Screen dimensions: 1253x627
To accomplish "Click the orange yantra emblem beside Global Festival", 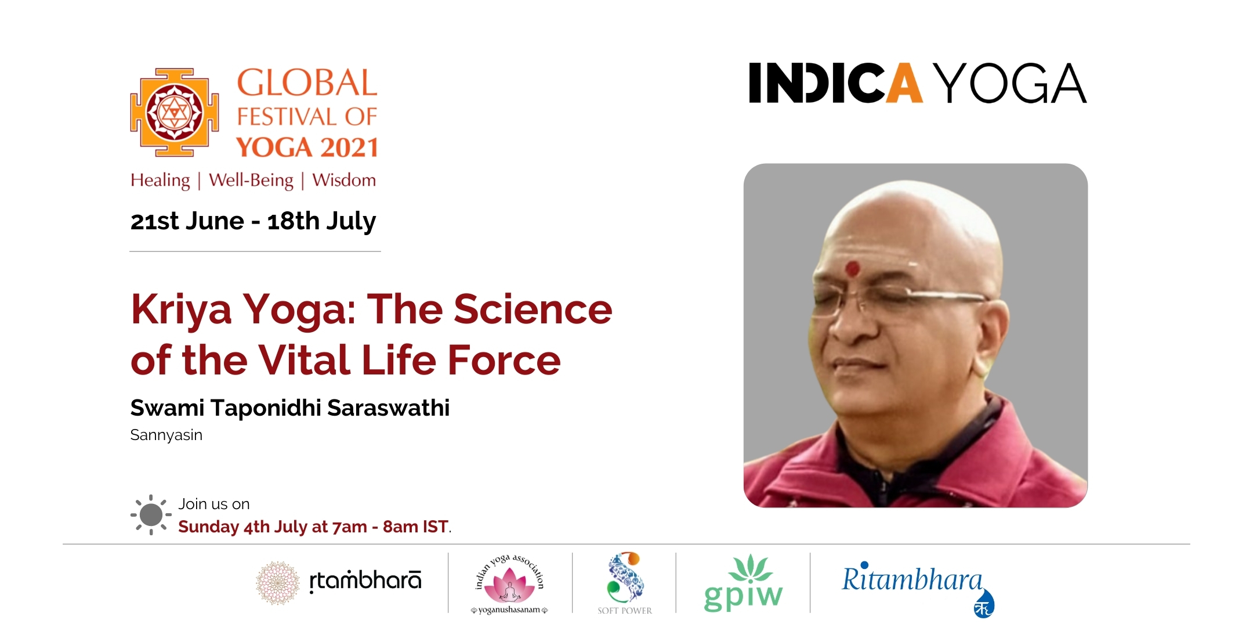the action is coord(175,112).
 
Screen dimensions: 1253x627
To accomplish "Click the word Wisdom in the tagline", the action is coord(344,180).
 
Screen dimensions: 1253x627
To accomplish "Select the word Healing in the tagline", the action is coord(160,181).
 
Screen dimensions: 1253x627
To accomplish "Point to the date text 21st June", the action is coord(187,221).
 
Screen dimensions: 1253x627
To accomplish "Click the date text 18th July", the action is coord(322,222).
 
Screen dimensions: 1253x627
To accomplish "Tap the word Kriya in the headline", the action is coord(181,310).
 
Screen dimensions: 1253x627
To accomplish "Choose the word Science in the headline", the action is coord(533,309).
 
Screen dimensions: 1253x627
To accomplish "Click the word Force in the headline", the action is coord(504,360).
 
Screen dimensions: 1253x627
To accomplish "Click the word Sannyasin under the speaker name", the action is coord(166,435).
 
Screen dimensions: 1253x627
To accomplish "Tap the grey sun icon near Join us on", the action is coord(151,514).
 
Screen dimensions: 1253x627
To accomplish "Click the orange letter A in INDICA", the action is coord(904,83).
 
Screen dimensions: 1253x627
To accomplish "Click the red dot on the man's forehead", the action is coord(852,268).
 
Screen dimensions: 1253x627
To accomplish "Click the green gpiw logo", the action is coord(743,583).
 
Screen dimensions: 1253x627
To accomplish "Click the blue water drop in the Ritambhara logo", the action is coord(984,604).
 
